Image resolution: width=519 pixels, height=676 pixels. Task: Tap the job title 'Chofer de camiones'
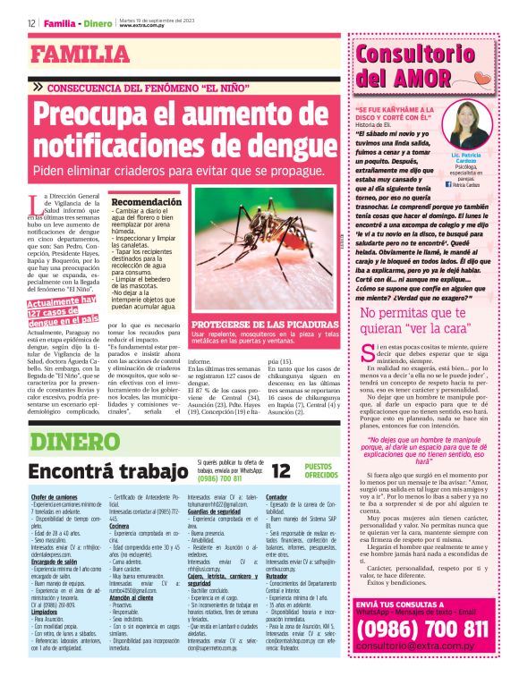(55, 497)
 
